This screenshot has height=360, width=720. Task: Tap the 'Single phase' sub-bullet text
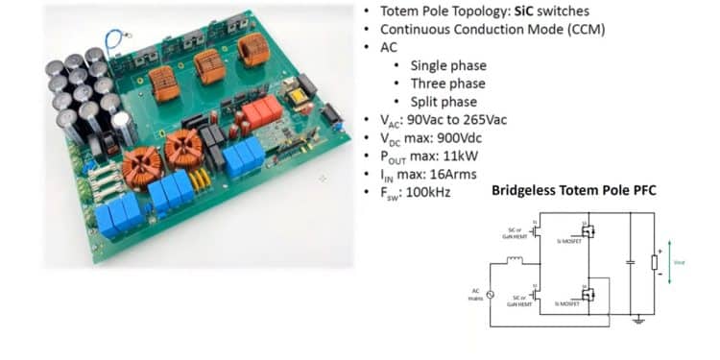[x=448, y=65]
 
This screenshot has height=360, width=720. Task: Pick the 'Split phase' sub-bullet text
[x=443, y=102]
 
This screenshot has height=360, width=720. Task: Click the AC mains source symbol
[x=491, y=294]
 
